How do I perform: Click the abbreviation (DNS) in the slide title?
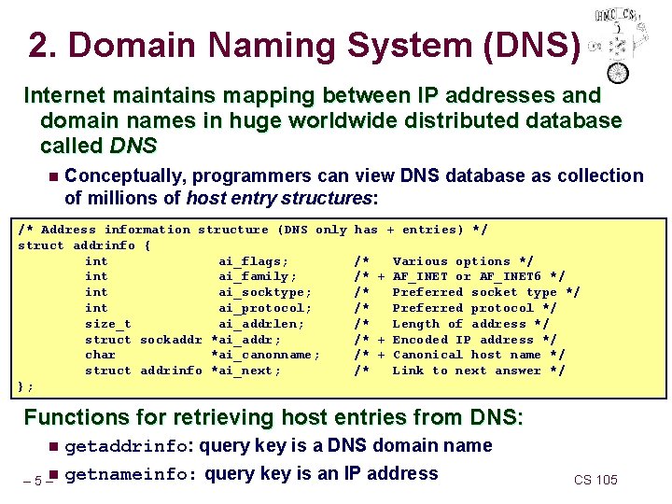coord(530,44)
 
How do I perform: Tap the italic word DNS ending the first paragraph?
coord(132,146)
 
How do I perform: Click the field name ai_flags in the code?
coord(253,261)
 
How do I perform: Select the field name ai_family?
coord(257,276)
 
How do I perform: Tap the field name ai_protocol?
coord(264,308)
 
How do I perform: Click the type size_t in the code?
coord(107,324)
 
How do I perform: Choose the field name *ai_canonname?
coord(266,355)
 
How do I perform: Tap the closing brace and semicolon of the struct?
coord(26,386)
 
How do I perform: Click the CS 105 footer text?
coord(595,480)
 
